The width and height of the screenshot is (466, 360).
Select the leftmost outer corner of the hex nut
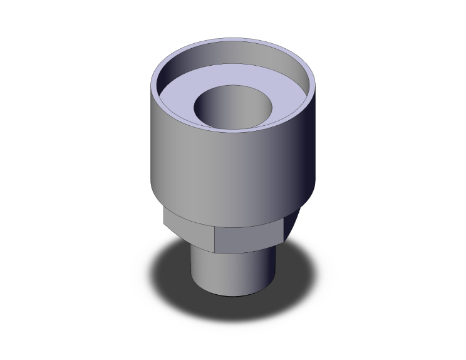click(x=164, y=216)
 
